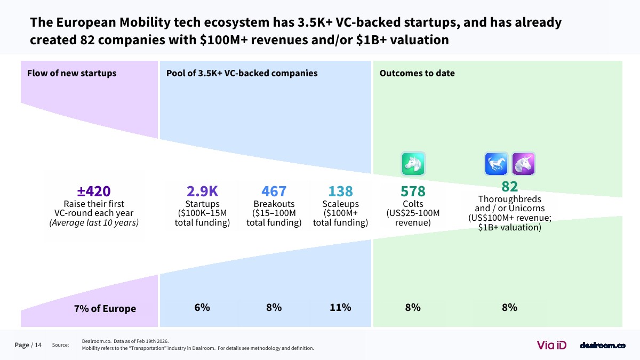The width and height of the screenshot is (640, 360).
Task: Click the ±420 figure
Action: coord(94,191)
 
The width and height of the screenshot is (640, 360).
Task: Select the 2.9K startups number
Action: coord(202,191)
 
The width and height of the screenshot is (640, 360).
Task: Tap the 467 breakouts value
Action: coord(274,191)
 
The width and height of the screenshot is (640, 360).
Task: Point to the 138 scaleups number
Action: coord(340,191)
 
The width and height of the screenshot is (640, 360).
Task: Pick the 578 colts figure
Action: coord(413,191)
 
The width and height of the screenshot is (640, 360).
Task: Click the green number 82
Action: coord(509,186)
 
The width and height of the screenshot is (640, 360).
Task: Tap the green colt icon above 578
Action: coord(413,163)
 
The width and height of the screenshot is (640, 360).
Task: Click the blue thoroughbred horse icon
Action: coord(496,164)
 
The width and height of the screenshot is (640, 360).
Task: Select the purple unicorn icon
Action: coord(523,164)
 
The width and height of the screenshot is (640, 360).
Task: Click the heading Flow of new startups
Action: coord(71,73)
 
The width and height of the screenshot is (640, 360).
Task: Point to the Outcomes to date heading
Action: coord(417,73)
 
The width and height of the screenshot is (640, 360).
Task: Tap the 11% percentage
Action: coord(340,307)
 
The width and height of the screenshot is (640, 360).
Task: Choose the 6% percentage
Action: coord(202,307)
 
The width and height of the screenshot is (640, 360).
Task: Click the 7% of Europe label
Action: coord(105,308)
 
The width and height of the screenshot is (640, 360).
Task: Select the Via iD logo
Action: coord(551,345)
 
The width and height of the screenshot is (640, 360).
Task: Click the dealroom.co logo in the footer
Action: coord(602,345)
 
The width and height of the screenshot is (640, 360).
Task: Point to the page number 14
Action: coord(38,345)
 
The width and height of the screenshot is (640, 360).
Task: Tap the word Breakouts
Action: coord(274,204)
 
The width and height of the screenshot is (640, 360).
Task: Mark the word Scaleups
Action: coord(340,204)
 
